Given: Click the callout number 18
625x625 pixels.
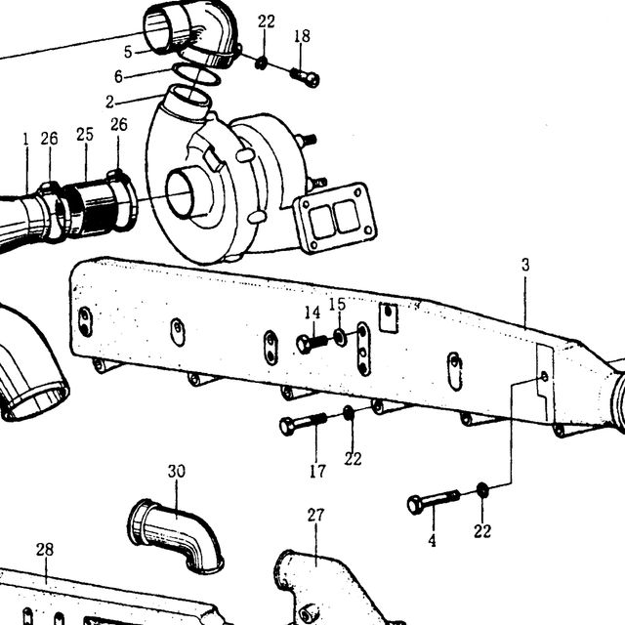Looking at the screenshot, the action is point(302,36).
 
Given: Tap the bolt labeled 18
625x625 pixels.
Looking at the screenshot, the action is point(305,77).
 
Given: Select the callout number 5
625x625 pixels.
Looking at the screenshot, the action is point(128,52).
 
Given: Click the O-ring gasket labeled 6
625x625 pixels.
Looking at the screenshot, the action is point(196,74).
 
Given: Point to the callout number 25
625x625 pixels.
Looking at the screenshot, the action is point(85,135).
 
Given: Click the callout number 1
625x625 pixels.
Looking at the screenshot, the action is point(26,140).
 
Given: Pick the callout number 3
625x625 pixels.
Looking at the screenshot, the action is point(525,265).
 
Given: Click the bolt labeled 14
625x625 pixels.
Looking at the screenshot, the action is point(312,343).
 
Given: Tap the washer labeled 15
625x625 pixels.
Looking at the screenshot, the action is point(340,338).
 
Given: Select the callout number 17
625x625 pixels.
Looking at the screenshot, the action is point(317,472).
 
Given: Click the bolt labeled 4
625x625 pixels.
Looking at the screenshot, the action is point(434,501).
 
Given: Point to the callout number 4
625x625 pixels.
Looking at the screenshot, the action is point(432,541).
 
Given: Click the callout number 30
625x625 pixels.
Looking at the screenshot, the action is point(176,472).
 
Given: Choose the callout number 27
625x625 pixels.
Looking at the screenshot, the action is point(315,516).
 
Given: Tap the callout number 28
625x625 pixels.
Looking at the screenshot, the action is point(45,550).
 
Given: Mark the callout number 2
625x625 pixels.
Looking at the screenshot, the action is point(110,103).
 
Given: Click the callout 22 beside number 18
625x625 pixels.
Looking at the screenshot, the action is point(266,21).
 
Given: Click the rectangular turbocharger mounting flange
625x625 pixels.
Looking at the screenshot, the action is point(335,218).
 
